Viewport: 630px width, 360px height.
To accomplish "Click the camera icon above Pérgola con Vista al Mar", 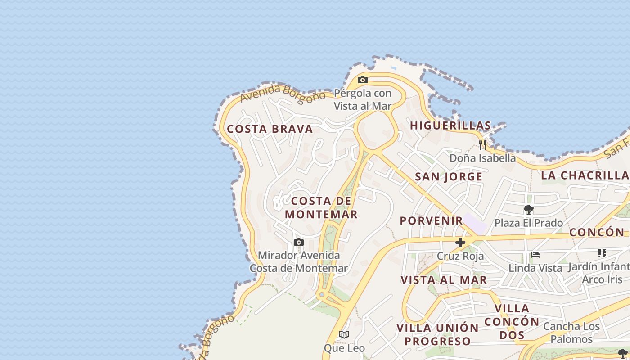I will point(363,80).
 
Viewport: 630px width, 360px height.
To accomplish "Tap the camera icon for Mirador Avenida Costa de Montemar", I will point(299,243).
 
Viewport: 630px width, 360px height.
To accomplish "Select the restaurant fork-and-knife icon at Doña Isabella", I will point(482,145).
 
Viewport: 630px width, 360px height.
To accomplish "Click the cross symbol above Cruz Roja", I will point(460,243).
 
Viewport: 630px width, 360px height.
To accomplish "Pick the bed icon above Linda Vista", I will point(535,255).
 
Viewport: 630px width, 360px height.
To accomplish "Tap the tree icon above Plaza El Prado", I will point(529,210).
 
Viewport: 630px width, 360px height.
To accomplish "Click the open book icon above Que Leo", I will point(344,335).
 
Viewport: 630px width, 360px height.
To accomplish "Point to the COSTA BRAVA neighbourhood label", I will point(270,129).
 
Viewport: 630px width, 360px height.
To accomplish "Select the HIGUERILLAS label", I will point(450,126).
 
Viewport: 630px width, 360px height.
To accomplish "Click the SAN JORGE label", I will point(449,177).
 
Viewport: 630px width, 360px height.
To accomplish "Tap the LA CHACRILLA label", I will point(585,175).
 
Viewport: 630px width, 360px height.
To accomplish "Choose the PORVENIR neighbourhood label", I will point(432,220).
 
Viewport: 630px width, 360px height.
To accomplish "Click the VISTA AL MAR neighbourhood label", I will point(444,280).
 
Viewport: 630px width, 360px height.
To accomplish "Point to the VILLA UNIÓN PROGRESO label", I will point(437,334).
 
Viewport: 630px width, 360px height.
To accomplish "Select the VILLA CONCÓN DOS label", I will point(512,322).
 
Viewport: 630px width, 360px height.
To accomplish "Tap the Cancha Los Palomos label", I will point(571,333).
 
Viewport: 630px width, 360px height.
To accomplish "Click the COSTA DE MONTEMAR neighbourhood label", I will point(321,207).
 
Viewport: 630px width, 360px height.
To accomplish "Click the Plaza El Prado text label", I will point(529,223).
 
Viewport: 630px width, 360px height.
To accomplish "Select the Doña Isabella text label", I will point(483,158).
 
